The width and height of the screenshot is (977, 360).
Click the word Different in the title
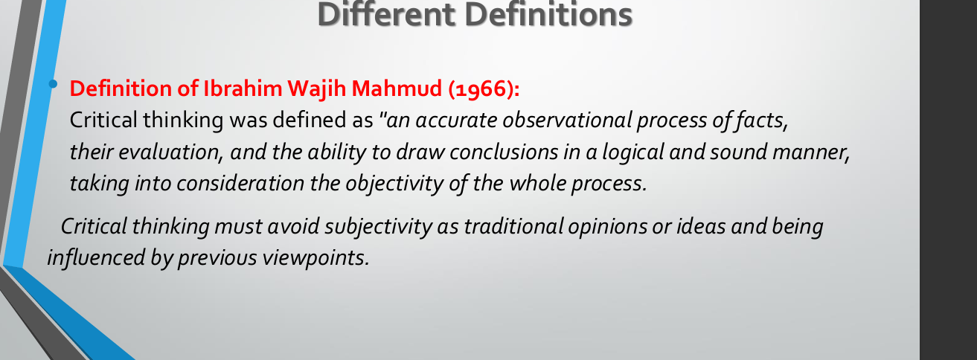click(385, 14)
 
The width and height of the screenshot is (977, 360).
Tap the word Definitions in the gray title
click(548, 14)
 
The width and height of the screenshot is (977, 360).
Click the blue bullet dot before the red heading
click(53, 84)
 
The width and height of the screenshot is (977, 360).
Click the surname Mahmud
click(397, 89)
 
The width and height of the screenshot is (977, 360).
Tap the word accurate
click(456, 120)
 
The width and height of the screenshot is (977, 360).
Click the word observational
click(567, 120)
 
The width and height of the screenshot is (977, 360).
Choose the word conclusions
click(504, 152)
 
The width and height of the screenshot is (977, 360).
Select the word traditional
click(513, 227)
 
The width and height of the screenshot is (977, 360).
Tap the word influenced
click(96, 257)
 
